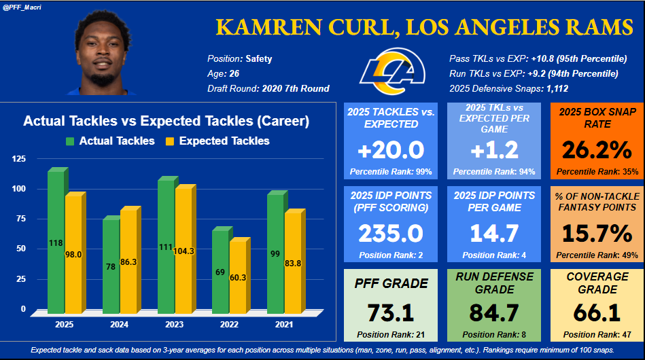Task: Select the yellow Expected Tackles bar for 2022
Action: [239, 278]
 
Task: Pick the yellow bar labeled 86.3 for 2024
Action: [128, 261]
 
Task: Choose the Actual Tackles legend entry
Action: [110, 141]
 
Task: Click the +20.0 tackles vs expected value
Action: [391, 149]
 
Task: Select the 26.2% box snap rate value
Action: [596, 149]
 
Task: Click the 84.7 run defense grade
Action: [493, 313]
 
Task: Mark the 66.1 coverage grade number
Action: [596, 313]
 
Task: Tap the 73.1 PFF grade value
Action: [391, 313]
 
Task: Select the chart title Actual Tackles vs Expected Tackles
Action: [166, 122]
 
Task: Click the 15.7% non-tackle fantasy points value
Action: [596, 233]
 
